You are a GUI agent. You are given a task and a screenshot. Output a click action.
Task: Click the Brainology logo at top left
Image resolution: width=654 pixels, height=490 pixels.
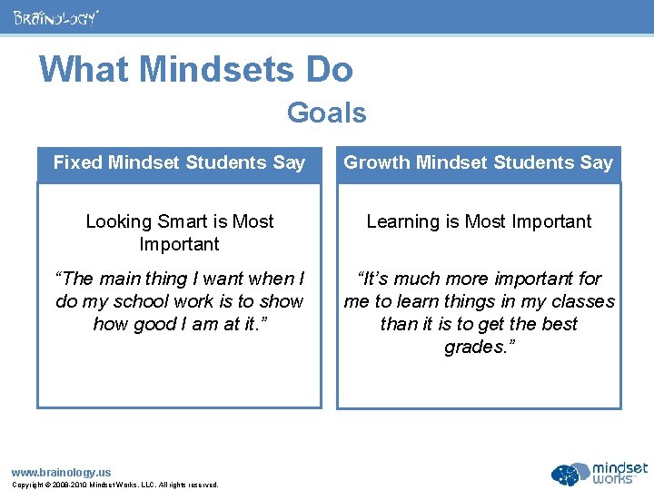click(56, 17)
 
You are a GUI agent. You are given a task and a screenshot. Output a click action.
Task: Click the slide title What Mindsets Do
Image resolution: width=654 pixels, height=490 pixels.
click(196, 70)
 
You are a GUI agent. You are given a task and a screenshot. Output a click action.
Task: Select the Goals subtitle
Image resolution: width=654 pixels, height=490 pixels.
click(326, 113)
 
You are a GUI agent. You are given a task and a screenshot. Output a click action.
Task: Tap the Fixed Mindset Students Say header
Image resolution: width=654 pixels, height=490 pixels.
click(179, 163)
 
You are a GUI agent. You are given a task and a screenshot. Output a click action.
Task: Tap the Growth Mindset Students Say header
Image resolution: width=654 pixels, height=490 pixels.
click(479, 163)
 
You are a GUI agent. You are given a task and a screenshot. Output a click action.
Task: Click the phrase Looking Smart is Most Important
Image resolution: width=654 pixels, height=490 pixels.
click(179, 232)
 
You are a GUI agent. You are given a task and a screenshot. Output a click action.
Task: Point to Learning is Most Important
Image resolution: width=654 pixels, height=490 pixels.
click(479, 221)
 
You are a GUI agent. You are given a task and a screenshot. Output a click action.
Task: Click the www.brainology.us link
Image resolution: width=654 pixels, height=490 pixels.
click(61, 472)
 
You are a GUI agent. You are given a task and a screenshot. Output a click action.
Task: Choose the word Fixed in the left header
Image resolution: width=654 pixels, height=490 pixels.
click(77, 163)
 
